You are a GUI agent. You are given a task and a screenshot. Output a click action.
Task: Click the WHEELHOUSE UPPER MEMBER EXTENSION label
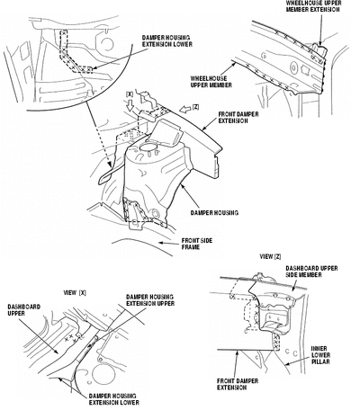(x=313, y=6)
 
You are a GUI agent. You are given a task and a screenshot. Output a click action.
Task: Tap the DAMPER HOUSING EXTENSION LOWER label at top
(x=167, y=41)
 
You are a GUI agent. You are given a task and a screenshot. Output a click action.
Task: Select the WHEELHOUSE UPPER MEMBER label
(x=211, y=82)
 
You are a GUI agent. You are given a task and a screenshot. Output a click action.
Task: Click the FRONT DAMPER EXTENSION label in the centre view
(x=238, y=118)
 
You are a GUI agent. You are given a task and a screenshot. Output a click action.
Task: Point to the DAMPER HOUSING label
(x=214, y=213)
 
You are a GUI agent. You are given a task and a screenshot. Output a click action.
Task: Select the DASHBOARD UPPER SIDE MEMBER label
(x=311, y=272)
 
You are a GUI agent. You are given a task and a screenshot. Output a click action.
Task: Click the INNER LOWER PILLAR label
(x=320, y=355)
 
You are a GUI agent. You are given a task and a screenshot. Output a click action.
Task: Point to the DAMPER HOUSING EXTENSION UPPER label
(x=150, y=300)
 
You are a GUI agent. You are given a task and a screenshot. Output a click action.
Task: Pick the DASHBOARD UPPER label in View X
(x=24, y=310)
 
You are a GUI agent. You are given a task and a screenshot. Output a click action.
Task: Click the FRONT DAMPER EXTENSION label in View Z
(x=238, y=384)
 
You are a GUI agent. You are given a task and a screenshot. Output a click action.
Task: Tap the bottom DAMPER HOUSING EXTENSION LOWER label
(x=114, y=399)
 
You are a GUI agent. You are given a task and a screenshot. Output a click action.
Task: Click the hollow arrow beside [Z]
(x=185, y=110)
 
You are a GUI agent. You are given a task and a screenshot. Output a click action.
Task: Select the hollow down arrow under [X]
(x=130, y=106)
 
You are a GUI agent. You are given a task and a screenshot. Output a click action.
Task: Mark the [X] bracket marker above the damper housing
(x=130, y=94)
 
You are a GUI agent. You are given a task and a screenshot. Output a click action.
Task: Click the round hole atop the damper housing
(x=148, y=147)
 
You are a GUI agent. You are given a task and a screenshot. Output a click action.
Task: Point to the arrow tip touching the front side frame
(x=159, y=243)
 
